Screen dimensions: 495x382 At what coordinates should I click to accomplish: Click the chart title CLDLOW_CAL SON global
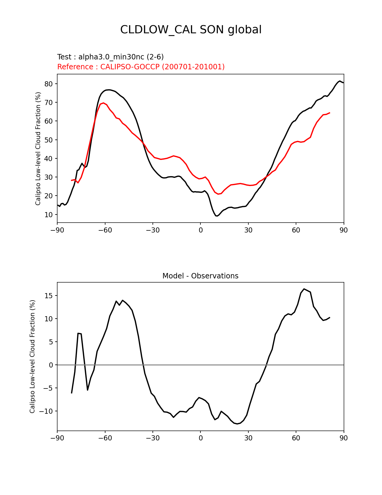point(191,30)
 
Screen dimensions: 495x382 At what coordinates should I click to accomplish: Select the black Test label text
point(110,57)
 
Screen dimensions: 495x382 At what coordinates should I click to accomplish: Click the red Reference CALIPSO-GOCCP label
point(141,67)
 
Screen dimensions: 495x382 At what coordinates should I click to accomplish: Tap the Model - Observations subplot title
point(200,276)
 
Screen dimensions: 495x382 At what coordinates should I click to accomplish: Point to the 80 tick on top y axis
point(49,84)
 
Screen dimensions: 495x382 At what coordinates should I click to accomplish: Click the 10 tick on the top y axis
point(49,214)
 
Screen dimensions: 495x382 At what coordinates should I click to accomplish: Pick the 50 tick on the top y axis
point(49,140)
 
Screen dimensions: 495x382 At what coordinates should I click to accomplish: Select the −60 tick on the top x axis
point(105,230)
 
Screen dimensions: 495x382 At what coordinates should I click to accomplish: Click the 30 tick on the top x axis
point(248,230)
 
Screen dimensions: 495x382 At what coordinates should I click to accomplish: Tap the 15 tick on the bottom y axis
point(49,296)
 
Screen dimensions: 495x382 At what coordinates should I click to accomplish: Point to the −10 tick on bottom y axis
point(47,411)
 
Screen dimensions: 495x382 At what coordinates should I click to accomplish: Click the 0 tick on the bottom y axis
point(51,365)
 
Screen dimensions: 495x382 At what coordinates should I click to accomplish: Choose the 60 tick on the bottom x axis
point(296,438)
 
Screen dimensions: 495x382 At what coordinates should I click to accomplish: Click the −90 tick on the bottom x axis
point(57,438)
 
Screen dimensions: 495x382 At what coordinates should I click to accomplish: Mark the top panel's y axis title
point(38,148)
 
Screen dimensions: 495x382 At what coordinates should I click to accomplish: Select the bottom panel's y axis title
point(32,356)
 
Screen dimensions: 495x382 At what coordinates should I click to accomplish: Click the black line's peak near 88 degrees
point(340,81)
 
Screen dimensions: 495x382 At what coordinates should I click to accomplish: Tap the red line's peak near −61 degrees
point(103,103)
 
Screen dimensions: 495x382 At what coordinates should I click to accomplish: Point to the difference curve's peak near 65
point(304,289)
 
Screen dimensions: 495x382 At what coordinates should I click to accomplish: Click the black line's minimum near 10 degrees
point(216,216)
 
